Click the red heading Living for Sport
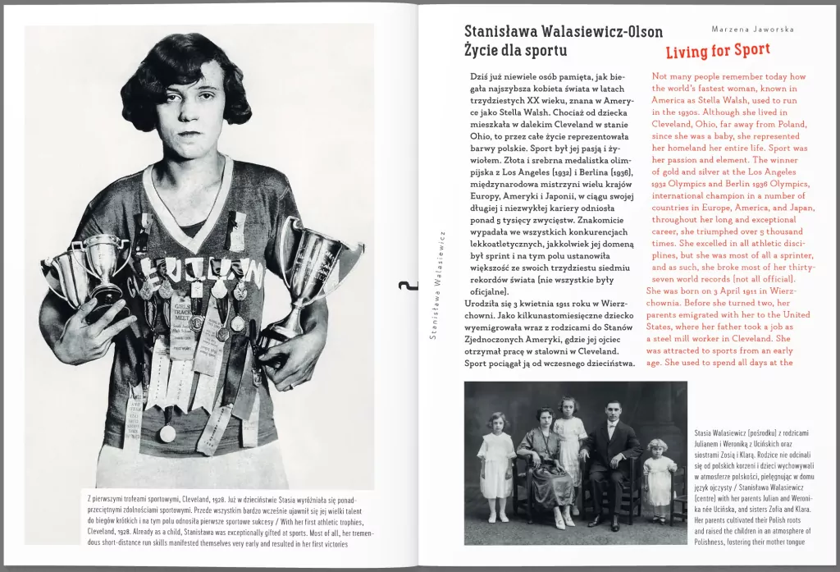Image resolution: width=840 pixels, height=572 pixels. point(718,51)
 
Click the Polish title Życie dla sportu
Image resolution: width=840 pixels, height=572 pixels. point(515,51)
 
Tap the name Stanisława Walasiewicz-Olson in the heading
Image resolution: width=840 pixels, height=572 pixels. point(563,32)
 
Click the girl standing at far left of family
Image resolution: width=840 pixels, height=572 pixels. point(498,464)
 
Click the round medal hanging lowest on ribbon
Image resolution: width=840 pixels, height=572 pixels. point(167,433)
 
